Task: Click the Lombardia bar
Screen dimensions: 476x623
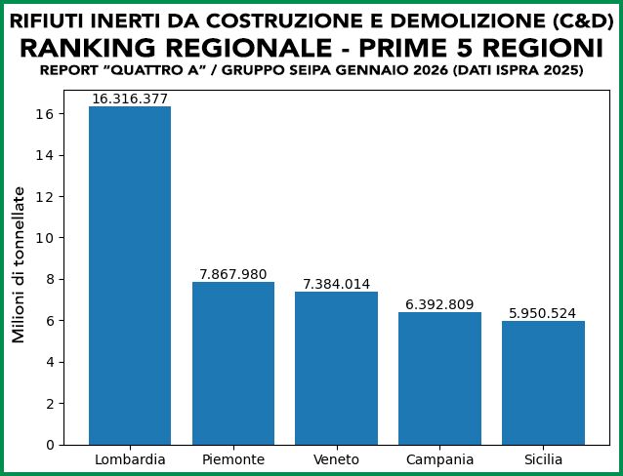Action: coord(130,275)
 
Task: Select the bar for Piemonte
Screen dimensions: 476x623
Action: coord(233,363)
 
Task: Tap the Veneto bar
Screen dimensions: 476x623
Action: coord(336,368)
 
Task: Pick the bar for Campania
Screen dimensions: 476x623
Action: coord(439,378)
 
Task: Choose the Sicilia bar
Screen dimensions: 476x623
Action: coord(543,382)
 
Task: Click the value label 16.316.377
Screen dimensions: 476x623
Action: coord(130,99)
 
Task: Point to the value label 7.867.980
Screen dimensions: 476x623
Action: coord(233,274)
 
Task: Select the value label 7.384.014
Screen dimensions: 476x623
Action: coord(336,284)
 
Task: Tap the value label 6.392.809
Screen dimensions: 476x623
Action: coord(439,304)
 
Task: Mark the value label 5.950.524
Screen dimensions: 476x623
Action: coord(543,314)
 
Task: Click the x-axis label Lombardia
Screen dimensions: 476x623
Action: coord(130,459)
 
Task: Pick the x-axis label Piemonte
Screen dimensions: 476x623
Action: coord(233,459)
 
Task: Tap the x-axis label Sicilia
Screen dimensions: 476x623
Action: coord(543,459)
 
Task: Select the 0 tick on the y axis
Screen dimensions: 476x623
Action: coord(52,445)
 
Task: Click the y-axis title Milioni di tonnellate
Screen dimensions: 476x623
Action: coord(19,264)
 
